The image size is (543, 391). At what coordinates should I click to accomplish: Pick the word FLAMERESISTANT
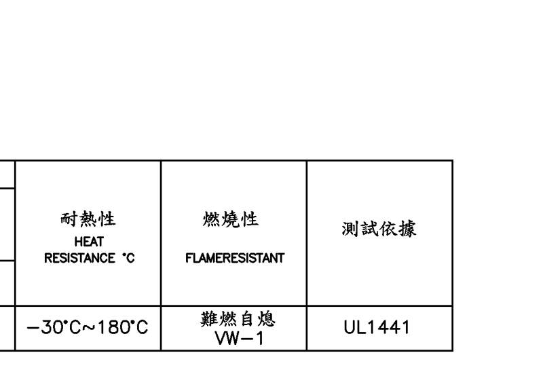(233, 259)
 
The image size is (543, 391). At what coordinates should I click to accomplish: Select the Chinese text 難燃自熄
(233, 320)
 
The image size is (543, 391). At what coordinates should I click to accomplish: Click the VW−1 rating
(233, 337)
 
